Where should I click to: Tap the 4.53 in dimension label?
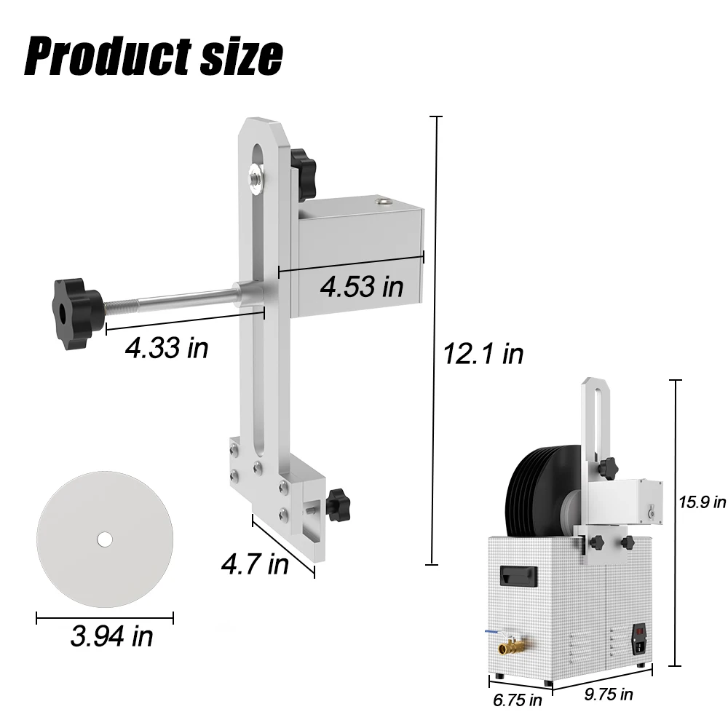coord(362,286)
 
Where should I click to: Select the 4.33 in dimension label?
coord(167,348)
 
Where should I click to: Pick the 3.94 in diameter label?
coord(111,636)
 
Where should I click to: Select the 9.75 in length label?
coord(609,695)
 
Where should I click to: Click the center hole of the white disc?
coord(105,539)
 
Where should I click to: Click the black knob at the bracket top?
coord(299,159)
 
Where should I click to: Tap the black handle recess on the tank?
coord(518,575)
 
